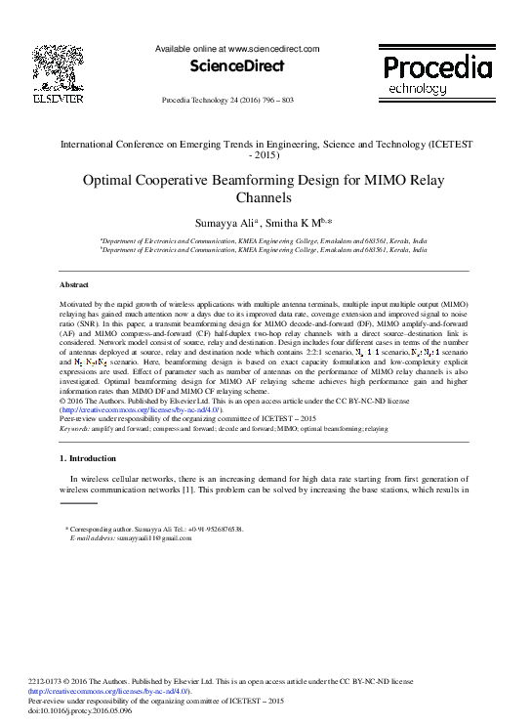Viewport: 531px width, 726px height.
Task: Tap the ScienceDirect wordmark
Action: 237,66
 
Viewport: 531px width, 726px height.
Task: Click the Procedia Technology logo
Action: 435,73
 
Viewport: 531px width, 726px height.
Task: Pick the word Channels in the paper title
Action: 264,197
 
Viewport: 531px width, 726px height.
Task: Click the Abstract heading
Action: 74,283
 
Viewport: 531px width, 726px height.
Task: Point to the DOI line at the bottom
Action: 109,712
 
